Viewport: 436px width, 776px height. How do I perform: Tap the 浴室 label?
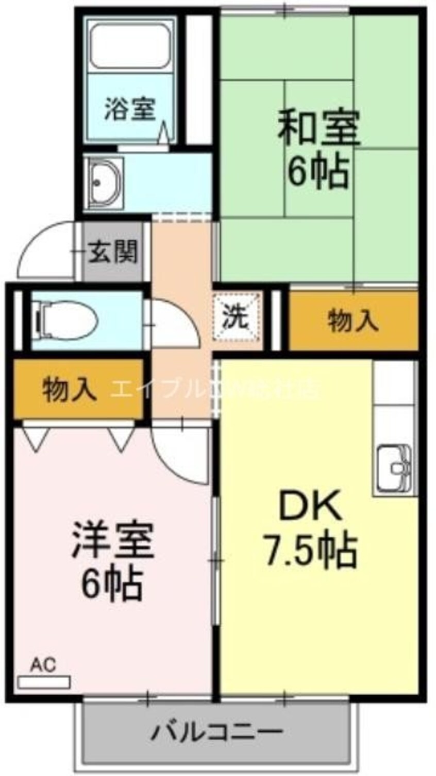pyautogui.click(x=130, y=109)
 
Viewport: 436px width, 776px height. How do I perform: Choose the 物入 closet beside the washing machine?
pyautogui.click(x=353, y=321)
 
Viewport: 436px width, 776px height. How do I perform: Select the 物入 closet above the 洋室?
pyautogui.click(x=69, y=389)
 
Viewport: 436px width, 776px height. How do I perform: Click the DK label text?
pyautogui.click(x=310, y=506)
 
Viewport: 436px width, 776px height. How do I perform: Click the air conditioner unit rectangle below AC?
pyautogui.click(x=44, y=683)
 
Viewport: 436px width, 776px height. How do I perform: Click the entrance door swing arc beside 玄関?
pyautogui.click(x=44, y=250)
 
